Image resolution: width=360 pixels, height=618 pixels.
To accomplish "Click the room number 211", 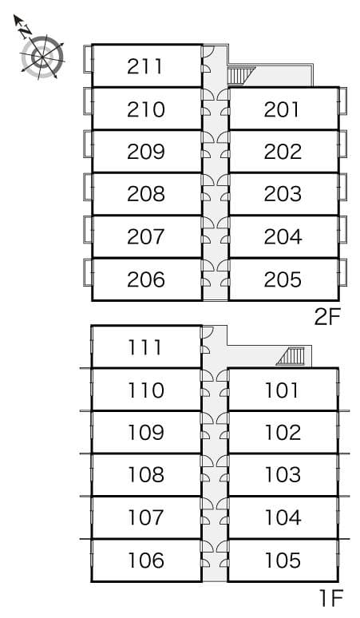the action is click(x=144, y=66).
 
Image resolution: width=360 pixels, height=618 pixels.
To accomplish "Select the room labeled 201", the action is click(x=282, y=109).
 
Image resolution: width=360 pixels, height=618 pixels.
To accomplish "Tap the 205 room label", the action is click(x=283, y=279).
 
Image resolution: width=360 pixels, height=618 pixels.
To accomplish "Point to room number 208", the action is click(x=145, y=194).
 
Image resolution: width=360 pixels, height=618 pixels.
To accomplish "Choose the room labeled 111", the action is click(x=145, y=347).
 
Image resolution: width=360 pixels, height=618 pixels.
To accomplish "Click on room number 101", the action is click(x=282, y=390).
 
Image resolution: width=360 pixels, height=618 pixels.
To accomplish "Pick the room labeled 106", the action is click(x=145, y=560).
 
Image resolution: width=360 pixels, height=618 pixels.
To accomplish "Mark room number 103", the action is click(x=283, y=474).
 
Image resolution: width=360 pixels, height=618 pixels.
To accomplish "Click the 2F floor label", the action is click(x=326, y=317).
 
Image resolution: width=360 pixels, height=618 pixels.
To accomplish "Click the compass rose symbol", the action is click(x=42, y=57).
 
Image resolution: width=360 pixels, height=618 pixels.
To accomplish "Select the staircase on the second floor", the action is click(x=240, y=75).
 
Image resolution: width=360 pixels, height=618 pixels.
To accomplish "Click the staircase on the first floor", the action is click(x=291, y=356).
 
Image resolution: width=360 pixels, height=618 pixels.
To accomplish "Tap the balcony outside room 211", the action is click(x=88, y=59).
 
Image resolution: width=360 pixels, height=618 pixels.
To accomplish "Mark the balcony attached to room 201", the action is click(x=342, y=101).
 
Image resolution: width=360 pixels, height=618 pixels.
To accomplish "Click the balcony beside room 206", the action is click(x=88, y=272).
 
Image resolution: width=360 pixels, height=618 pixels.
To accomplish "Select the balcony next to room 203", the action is click(x=342, y=187).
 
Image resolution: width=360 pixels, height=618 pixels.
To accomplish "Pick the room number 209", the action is click(x=145, y=152).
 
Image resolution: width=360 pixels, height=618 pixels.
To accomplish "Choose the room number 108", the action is click(x=145, y=474).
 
